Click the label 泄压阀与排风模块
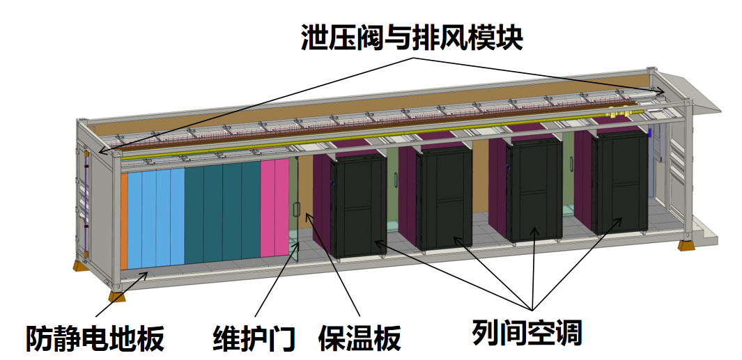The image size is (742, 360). (x=411, y=36)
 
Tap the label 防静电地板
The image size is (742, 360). (x=95, y=338)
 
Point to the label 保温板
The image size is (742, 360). (x=359, y=338)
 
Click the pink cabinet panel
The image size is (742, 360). (x=275, y=209)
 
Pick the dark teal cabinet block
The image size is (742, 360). (x=222, y=212)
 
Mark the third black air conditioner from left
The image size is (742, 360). (x=534, y=189)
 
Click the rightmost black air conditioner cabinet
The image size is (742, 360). (x=619, y=182)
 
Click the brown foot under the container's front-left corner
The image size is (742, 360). (x=118, y=296)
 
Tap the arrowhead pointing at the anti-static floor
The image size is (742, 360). (x=146, y=274)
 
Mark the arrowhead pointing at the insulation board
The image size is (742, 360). (x=309, y=218)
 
